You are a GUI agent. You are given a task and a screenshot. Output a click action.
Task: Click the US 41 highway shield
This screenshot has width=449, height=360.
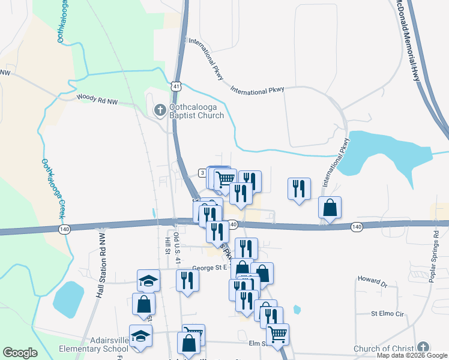(x=175, y=86)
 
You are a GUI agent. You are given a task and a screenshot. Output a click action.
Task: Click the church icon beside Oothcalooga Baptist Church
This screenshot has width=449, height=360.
(x=160, y=110)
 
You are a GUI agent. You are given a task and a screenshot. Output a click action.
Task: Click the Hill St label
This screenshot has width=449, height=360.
(x=167, y=245)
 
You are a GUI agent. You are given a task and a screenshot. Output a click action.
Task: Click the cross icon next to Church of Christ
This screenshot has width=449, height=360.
(x=423, y=347)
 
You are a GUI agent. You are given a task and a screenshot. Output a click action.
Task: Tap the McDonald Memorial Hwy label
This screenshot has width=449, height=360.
(x=414, y=40)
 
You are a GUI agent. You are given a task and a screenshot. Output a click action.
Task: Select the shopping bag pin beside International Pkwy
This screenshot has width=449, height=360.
(x=330, y=207)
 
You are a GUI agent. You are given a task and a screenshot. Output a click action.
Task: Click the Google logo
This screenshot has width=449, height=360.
(x=20, y=352)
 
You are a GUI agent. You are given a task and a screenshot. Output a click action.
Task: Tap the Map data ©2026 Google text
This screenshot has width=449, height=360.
(x=411, y=355)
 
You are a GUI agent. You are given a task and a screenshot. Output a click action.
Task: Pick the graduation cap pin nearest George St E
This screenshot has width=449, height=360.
(x=148, y=280)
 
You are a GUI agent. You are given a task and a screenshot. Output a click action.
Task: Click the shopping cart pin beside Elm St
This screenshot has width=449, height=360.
(x=277, y=333)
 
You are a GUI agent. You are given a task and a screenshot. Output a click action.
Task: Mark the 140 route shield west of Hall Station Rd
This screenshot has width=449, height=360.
(x=63, y=229)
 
